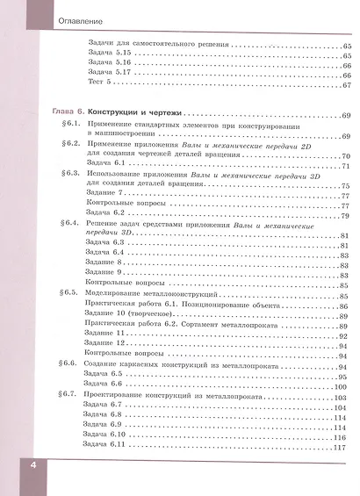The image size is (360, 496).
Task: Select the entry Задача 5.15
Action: tap(110, 54)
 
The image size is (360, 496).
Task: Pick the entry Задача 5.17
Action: tap(110, 75)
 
